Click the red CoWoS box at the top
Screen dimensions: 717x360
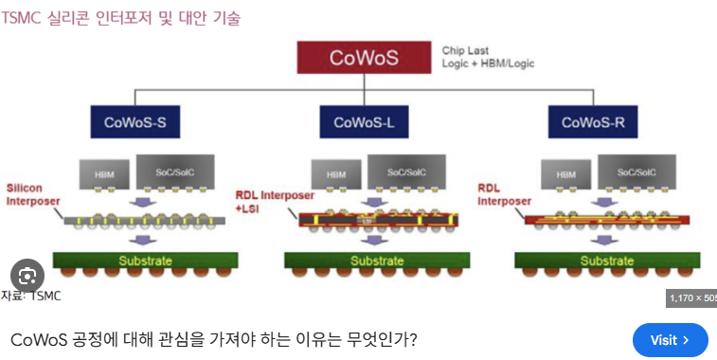tap(364, 58)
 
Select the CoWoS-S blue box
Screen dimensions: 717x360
tap(135, 122)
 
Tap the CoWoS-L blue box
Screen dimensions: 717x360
tap(364, 122)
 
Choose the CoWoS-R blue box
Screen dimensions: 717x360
tap(593, 122)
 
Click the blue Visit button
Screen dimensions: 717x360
tap(671, 340)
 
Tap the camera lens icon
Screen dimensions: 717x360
tap(27, 276)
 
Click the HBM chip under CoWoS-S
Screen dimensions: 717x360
tap(104, 174)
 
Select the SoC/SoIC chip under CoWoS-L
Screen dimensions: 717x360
tap(406, 172)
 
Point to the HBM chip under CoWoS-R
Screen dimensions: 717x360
tap(566, 174)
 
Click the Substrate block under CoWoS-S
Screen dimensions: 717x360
tap(146, 261)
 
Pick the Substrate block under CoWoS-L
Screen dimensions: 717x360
tap(377, 261)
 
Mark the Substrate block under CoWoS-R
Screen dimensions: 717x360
tap(607, 261)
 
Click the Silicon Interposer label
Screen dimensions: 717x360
tap(33, 194)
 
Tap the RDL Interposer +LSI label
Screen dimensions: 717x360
tap(275, 202)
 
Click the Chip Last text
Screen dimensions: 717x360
tap(465, 50)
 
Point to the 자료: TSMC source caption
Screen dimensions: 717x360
tap(30, 296)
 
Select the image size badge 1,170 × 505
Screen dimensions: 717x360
tap(691, 298)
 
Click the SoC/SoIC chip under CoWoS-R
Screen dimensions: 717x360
tap(636, 172)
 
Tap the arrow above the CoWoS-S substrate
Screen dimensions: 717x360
tap(143, 240)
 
